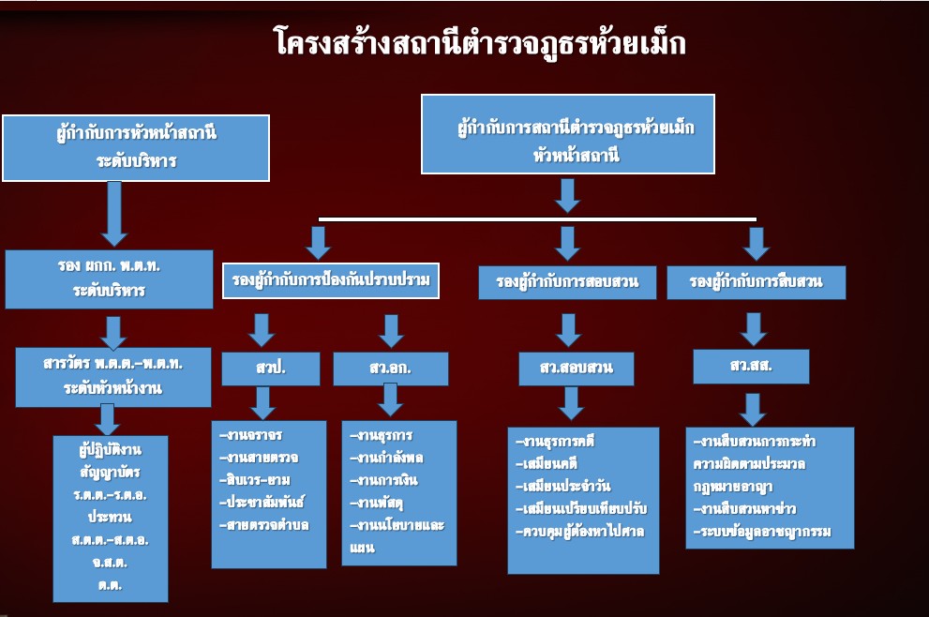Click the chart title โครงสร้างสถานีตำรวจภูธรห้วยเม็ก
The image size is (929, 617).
click(x=479, y=43)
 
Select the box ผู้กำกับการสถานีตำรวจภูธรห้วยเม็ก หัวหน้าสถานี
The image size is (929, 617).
click(x=567, y=133)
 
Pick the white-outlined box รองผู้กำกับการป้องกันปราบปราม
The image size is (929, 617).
click(x=331, y=281)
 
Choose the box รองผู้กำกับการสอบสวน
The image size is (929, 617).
click(x=565, y=282)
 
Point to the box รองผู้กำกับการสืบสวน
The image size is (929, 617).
click(x=756, y=282)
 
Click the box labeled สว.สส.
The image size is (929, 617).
click(x=750, y=366)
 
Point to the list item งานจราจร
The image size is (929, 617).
click(x=250, y=436)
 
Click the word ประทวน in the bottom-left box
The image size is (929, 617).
click(x=111, y=517)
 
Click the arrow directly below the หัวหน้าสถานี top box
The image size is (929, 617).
click(x=567, y=194)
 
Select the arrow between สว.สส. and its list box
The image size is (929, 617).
click(x=752, y=408)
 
